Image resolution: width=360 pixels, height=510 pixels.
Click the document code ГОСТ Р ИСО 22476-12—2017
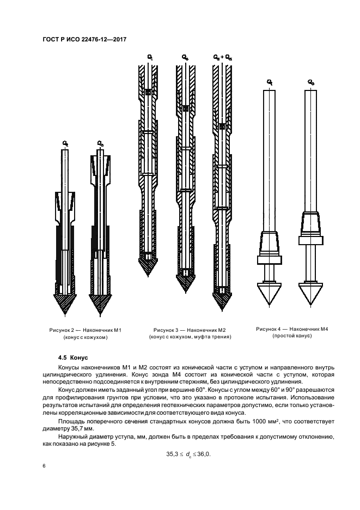[x=81, y=39]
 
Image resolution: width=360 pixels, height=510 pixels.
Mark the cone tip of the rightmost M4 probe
[x=310, y=295]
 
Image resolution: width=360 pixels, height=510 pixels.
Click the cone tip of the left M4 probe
[x=270, y=295]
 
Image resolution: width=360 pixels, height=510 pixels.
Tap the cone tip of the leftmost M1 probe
[x=66, y=306]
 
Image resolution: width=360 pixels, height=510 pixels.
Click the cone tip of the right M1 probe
[x=100, y=306]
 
